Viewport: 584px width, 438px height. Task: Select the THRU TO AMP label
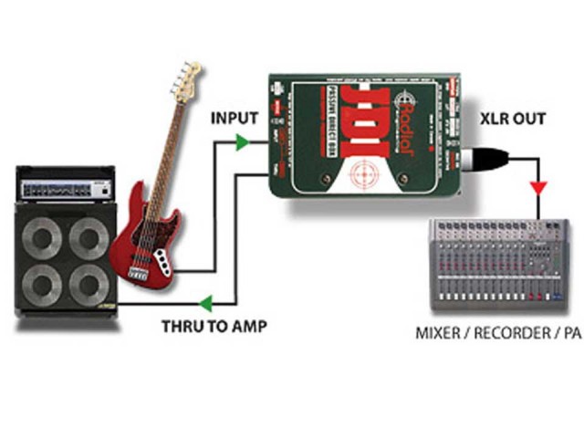214,325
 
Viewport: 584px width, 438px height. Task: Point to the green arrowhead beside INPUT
239,141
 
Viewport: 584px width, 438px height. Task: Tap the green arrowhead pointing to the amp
209,301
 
